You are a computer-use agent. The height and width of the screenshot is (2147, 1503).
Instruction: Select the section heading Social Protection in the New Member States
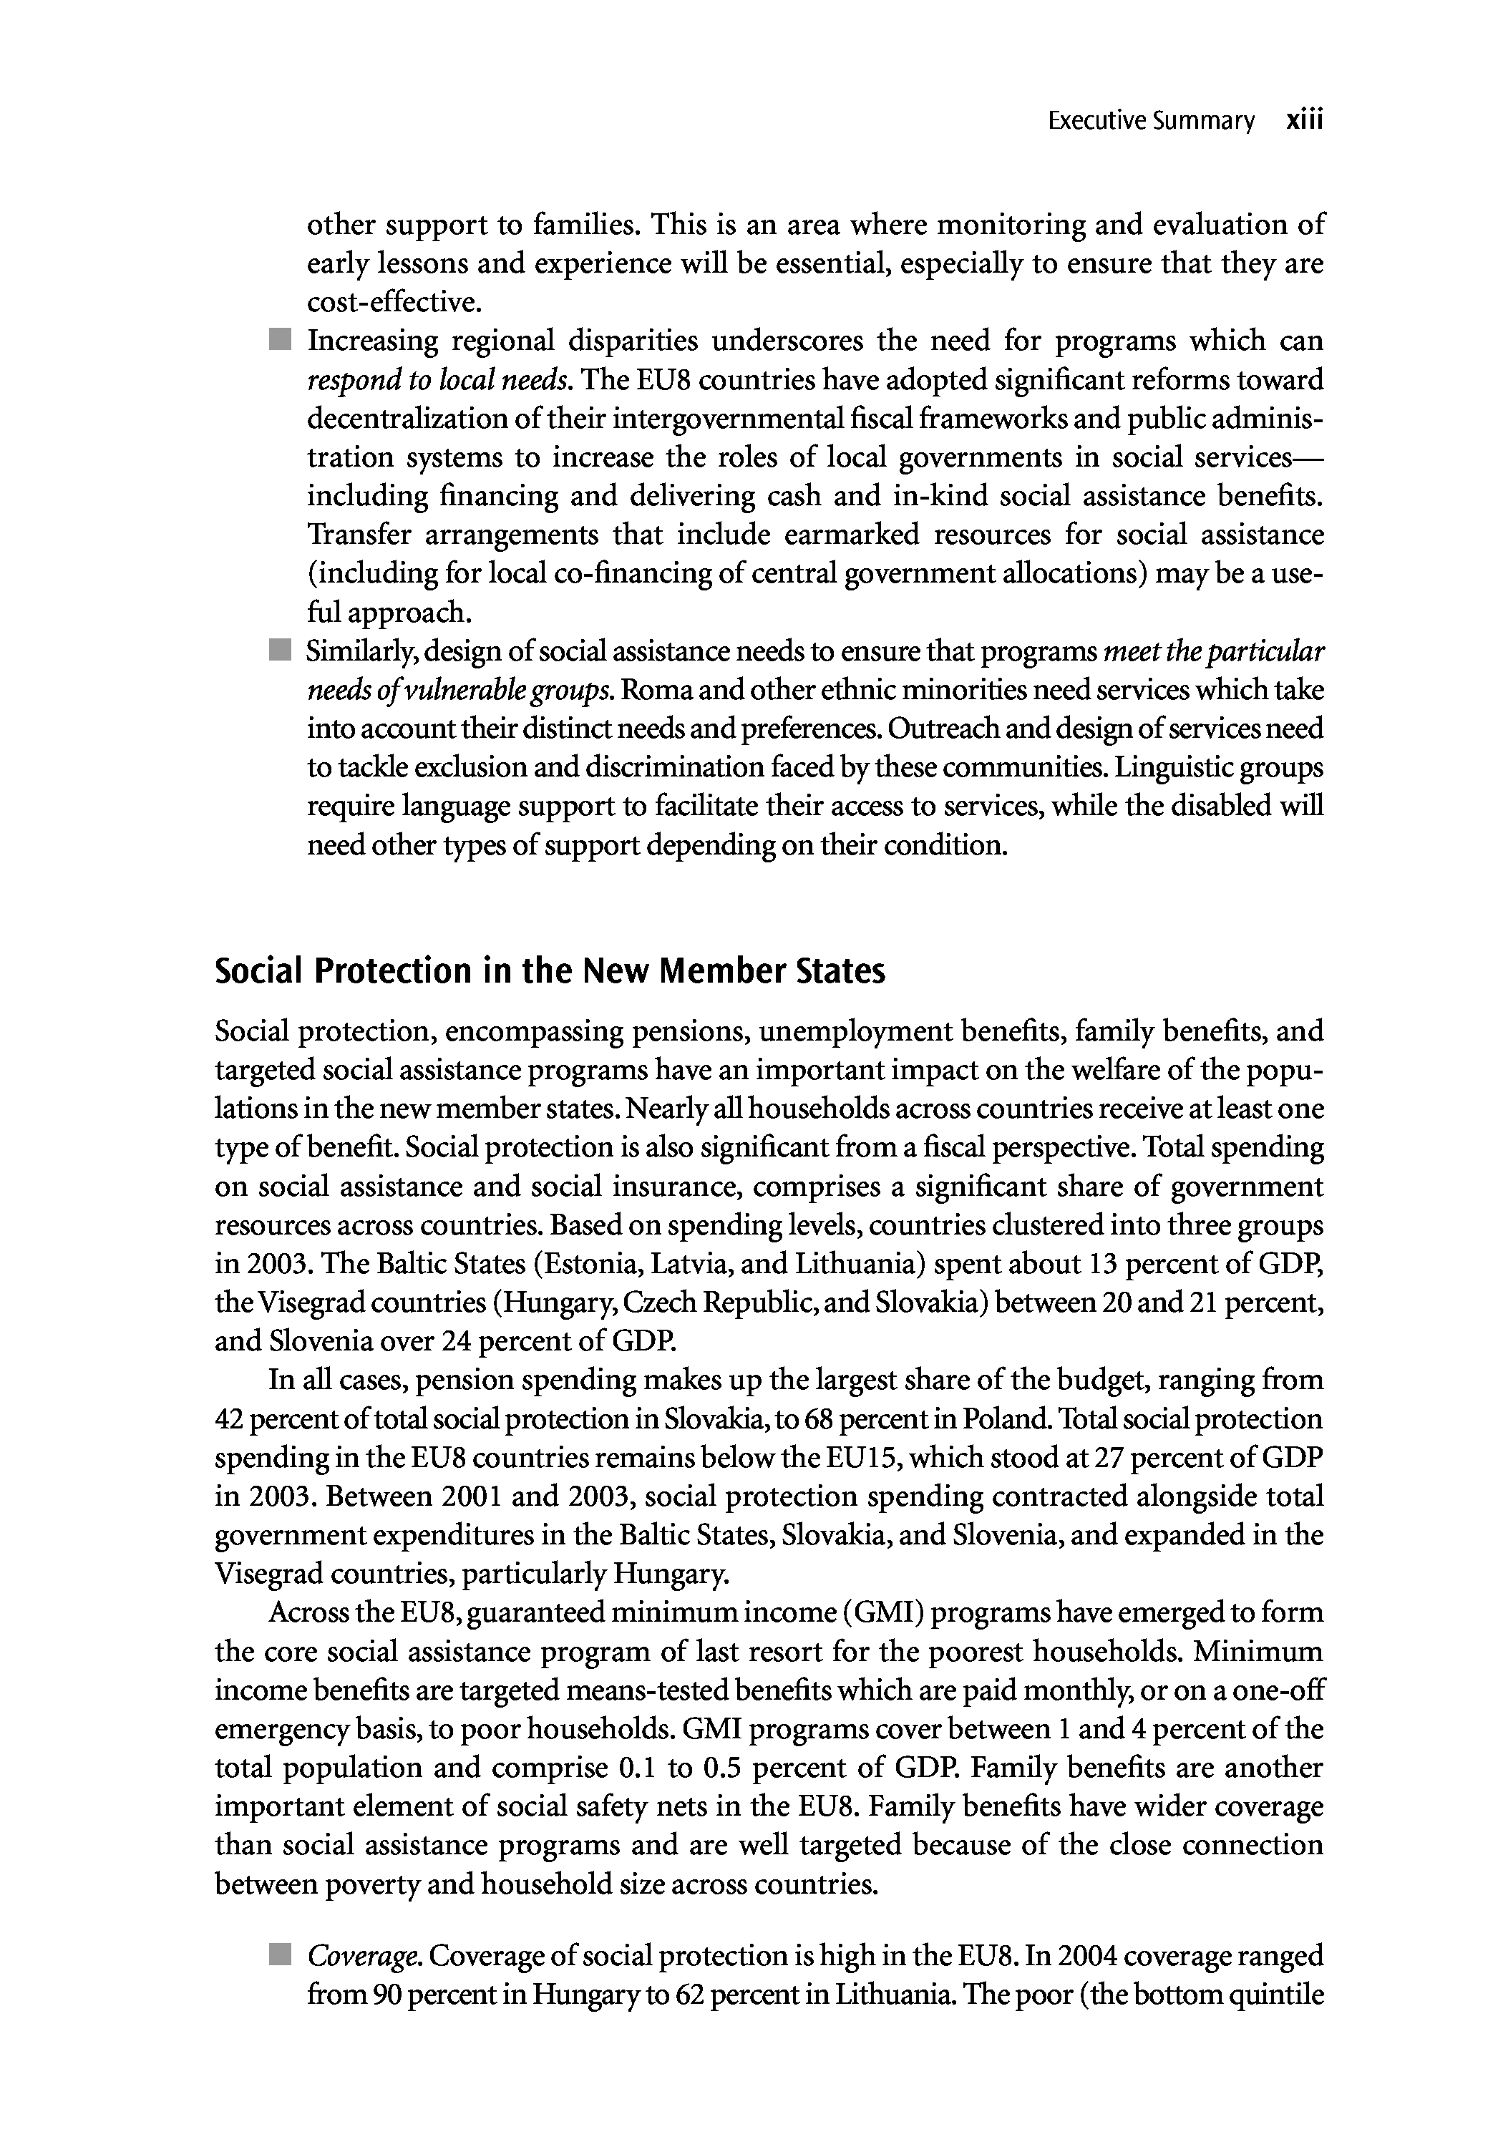550,972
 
